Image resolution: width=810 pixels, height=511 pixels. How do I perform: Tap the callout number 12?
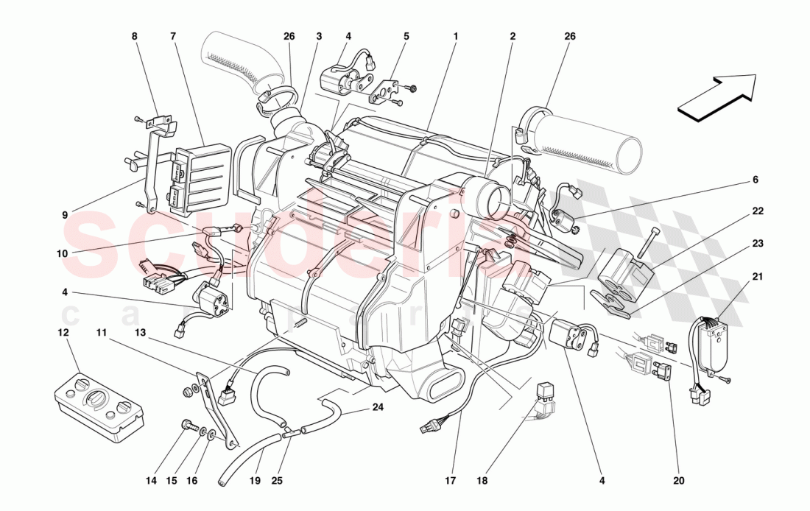pyautogui.click(x=63, y=333)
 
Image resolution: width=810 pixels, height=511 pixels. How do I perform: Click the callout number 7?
pyautogui.click(x=172, y=35)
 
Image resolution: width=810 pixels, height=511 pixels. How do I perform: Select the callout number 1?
pyautogui.click(x=456, y=35)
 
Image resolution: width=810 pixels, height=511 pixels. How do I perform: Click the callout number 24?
pyautogui.click(x=378, y=407)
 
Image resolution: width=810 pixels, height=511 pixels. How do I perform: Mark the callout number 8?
pyautogui.click(x=134, y=35)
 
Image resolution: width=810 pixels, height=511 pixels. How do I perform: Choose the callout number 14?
pyautogui.click(x=152, y=482)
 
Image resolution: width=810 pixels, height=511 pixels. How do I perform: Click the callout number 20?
pyautogui.click(x=678, y=482)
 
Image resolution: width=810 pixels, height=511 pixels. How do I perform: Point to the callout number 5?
pyautogui.click(x=406, y=35)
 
